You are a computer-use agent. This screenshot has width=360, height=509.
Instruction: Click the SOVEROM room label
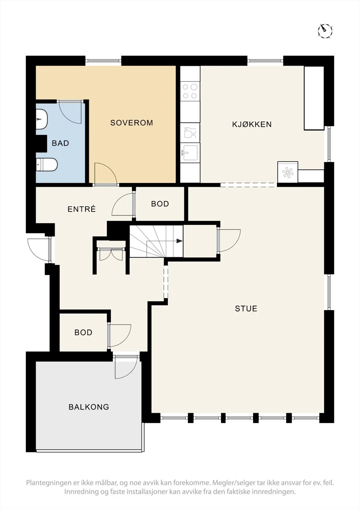tap(131, 123)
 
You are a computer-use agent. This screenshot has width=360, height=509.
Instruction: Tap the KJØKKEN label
tap(252, 124)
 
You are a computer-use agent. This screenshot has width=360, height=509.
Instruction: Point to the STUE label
tap(246, 308)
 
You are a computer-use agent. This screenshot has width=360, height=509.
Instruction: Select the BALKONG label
tap(89, 407)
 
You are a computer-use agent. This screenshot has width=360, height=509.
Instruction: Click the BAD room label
tap(60, 143)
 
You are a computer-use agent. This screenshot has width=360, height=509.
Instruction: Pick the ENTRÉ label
tap(81, 209)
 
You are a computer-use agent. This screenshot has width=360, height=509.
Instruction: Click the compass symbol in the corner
tap(325, 31)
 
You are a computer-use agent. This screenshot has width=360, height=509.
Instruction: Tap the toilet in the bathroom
tap(46, 164)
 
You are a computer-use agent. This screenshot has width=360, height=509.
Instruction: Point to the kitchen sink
tap(190, 153)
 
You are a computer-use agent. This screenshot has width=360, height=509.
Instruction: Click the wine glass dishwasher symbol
tap(190, 132)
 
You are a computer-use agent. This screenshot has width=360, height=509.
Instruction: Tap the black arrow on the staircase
tap(180, 241)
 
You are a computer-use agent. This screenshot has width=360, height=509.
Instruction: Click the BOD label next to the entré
tap(160, 204)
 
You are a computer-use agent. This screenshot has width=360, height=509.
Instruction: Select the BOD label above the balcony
tap(83, 332)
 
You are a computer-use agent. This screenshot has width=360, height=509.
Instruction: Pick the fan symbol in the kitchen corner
tap(287, 172)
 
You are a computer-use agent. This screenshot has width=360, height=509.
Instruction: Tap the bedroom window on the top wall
tap(103, 61)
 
